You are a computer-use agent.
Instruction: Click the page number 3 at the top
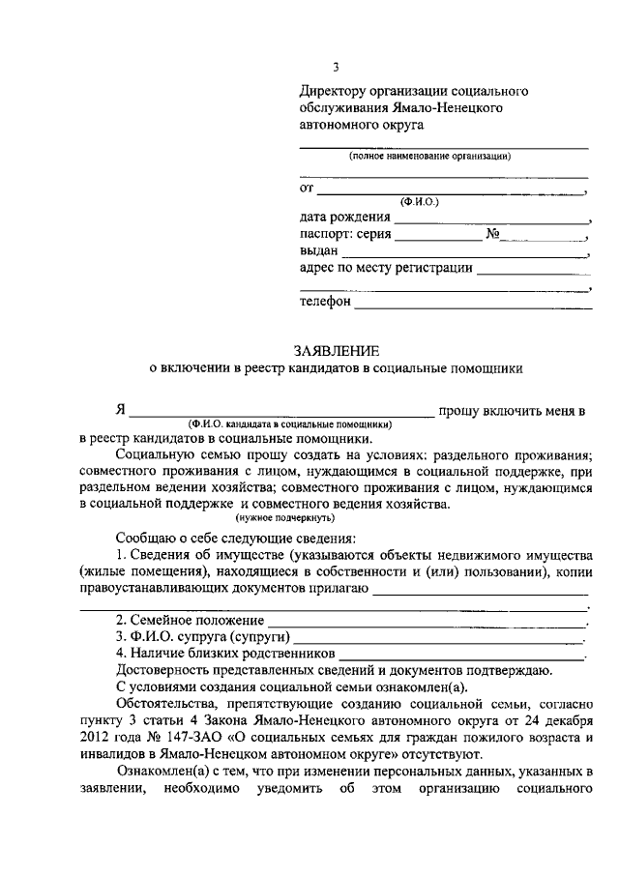pyautogui.click(x=336, y=67)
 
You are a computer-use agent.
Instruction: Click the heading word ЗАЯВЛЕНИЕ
pyautogui.click(x=337, y=349)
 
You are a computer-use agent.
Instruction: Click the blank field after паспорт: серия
pyautogui.click(x=437, y=236)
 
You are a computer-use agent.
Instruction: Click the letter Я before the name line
pyautogui.click(x=121, y=410)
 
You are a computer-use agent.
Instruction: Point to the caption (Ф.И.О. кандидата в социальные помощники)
pyautogui.click(x=290, y=423)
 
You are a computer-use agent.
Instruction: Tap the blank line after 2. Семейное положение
pyautogui.click(x=427, y=620)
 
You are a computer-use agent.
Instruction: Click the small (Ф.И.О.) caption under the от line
pyautogui.click(x=419, y=203)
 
